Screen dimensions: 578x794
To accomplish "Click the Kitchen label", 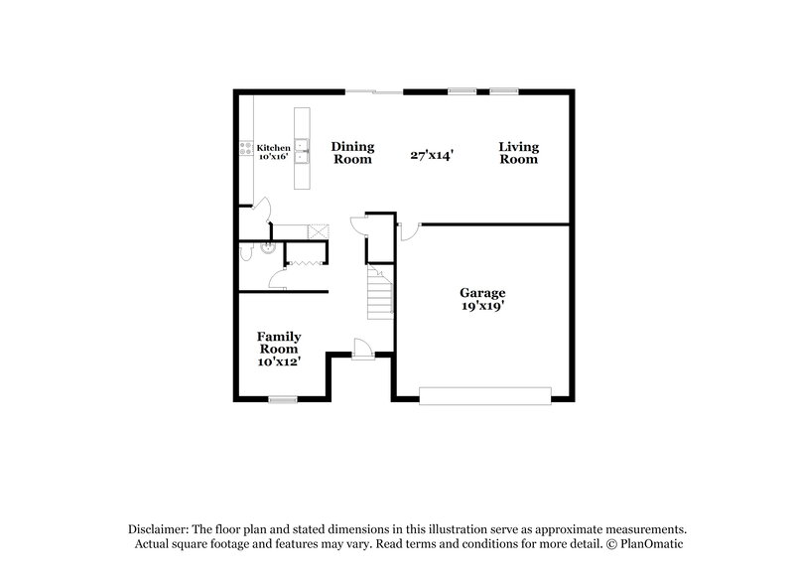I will click(273, 147).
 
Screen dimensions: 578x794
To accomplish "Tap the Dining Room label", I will click(352, 151).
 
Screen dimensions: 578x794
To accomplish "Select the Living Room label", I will click(518, 151).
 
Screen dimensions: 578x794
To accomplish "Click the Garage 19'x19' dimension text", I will click(482, 306).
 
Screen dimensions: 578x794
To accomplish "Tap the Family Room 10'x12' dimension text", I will click(279, 361).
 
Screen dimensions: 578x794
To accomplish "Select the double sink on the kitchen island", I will click(305, 153).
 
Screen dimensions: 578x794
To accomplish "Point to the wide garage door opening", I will click(484, 396).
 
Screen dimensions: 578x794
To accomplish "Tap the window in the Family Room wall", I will click(283, 399).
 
